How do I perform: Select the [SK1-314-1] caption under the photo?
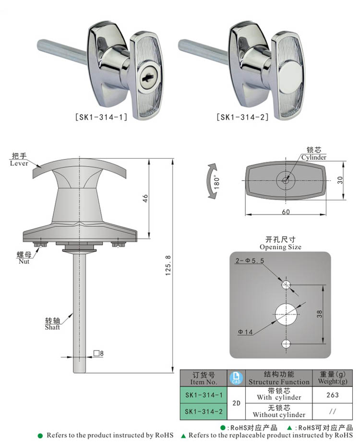pyautogui.click(x=101, y=117)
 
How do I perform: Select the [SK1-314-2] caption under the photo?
pyautogui.click(x=242, y=117)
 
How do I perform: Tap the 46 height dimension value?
pyautogui.click(x=145, y=198)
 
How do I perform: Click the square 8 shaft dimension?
pyautogui.click(x=98, y=354)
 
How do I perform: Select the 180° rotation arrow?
pyautogui.click(x=212, y=181)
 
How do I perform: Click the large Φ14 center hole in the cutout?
pyautogui.click(x=287, y=314)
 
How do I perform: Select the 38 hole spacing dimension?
pyautogui.click(x=320, y=314)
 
